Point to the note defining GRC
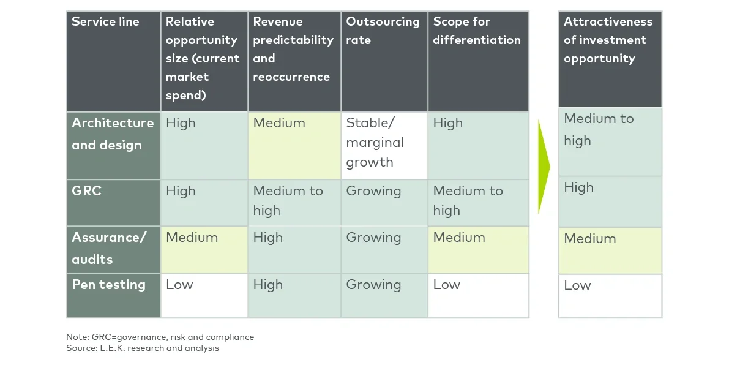(x=160, y=337)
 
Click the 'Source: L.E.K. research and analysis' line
(x=142, y=348)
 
